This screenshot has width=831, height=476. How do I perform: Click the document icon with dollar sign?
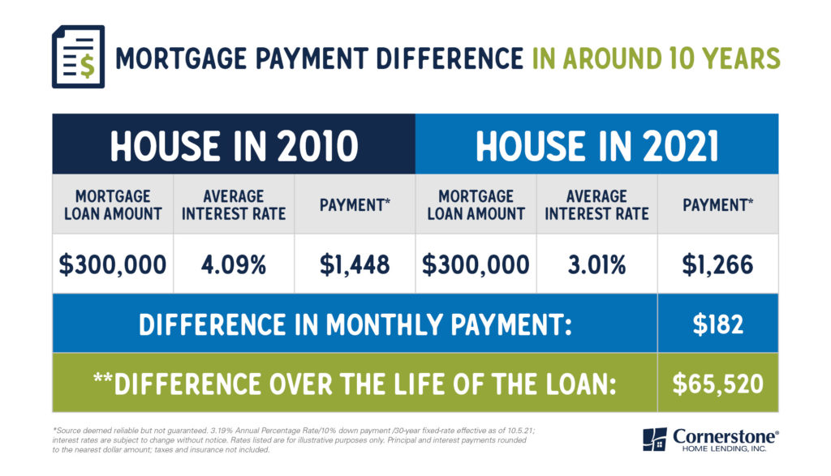tap(78, 57)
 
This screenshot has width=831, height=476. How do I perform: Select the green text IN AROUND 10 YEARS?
tap(656, 58)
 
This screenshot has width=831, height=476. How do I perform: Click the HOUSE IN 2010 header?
tap(234, 146)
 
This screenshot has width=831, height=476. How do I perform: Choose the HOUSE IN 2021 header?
tap(596, 146)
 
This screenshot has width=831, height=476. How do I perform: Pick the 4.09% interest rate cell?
tap(234, 264)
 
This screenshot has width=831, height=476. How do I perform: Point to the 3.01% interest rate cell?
tap(596, 264)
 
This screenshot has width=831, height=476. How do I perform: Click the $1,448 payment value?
tap(355, 264)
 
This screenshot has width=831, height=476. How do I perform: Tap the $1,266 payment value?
tap(717, 264)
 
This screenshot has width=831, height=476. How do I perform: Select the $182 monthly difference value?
tap(717, 324)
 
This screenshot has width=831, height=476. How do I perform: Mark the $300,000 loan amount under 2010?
tap(113, 264)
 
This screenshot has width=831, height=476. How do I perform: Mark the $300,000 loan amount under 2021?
tap(476, 264)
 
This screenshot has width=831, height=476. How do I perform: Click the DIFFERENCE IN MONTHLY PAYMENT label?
tap(355, 324)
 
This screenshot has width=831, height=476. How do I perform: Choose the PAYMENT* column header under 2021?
tap(717, 205)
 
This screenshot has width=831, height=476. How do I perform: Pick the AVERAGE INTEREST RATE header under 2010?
tap(234, 205)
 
